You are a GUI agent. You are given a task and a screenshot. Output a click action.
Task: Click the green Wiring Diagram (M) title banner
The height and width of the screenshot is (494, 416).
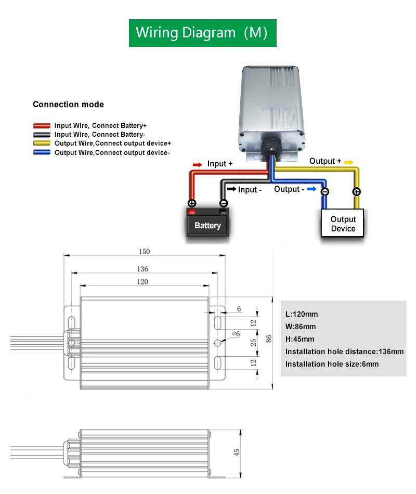[x=202, y=33]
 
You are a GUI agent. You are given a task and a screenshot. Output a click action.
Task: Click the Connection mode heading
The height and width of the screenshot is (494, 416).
[x=68, y=105]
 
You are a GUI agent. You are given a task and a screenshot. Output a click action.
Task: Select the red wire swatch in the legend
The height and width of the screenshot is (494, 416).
[x=42, y=126]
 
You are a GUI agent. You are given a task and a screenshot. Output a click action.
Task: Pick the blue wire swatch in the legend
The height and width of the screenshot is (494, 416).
[x=42, y=152]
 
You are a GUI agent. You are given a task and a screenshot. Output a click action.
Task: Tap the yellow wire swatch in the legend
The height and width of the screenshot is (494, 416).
[x=42, y=143]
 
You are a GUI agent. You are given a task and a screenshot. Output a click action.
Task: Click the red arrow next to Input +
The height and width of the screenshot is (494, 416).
[x=197, y=164]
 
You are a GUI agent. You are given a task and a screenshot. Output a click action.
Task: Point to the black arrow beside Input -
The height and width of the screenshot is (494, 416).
[x=231, y=189]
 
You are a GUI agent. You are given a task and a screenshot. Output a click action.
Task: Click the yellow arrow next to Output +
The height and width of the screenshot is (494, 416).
[x=348, y=162]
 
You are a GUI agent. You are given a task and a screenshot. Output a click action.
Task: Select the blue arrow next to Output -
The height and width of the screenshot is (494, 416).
[x=312, y=189]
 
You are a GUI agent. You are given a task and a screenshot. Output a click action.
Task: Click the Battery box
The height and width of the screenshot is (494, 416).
[x=207, y=225]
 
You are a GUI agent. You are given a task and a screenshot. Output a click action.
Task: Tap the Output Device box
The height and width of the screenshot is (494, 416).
[x=343, y=224]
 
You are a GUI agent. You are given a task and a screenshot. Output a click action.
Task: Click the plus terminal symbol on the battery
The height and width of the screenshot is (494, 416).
[x=192, y=203]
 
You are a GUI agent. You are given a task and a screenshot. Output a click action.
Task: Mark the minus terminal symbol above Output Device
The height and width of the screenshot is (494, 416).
[x=324, y=192]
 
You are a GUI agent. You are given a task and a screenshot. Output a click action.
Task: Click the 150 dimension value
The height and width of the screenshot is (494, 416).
[x=144, y=252]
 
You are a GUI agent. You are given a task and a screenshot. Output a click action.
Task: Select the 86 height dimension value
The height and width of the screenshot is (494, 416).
[x=269, y=338]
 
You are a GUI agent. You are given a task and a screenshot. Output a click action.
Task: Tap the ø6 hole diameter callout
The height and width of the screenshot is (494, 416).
[x=235, y=333]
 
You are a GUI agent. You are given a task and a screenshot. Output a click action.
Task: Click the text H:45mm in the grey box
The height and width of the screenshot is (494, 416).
[x=300, y=339]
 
